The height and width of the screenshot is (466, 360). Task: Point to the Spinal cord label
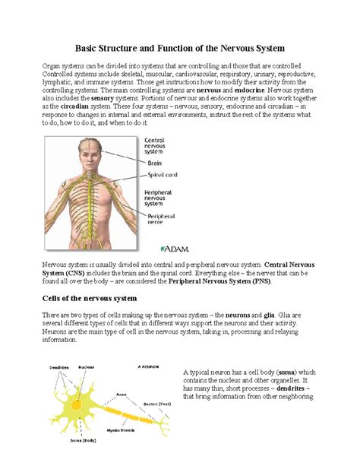click(161, 174)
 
